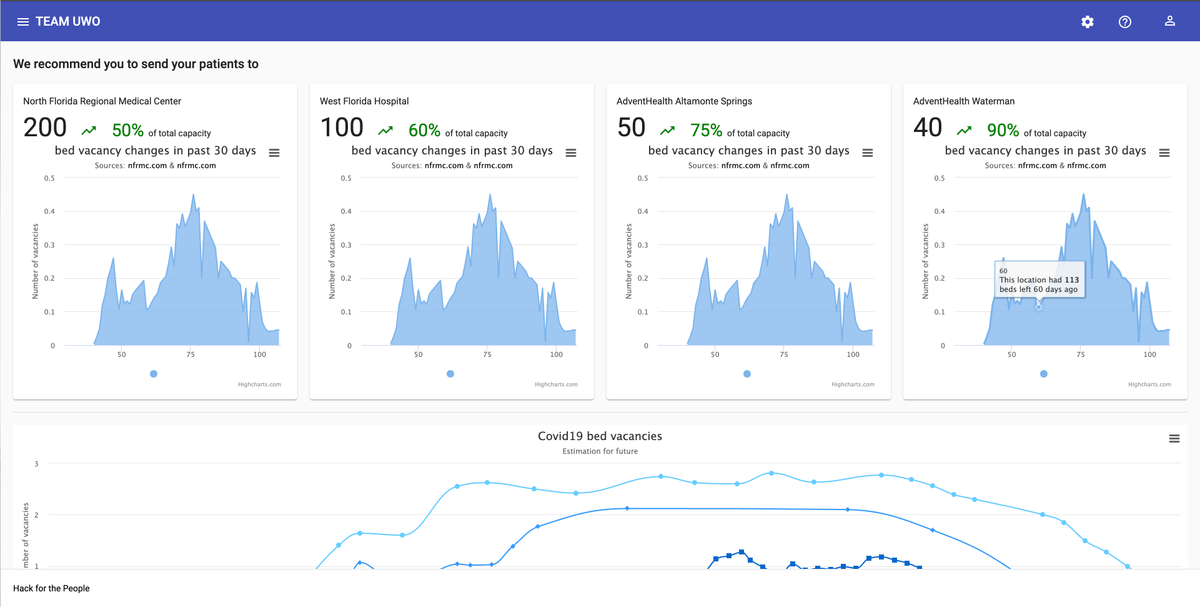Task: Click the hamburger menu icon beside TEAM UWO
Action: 23,22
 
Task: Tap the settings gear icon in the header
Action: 1088,22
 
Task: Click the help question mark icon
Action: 1125,22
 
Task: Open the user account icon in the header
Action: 1170,21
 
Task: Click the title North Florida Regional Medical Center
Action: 102,101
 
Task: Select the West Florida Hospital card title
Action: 364,101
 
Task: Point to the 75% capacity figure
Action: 706,130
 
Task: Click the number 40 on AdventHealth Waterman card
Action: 928,128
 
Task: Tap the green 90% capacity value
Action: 1003,130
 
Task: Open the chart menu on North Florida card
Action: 274,153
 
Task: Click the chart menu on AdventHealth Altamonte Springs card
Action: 868,153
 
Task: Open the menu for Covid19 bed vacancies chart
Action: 1174,439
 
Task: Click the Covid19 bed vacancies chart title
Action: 600,436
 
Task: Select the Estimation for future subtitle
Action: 600,451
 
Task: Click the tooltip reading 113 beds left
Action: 1039,280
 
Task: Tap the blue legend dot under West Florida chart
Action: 450,374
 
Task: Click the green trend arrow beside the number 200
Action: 89,131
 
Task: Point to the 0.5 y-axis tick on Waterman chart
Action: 940,178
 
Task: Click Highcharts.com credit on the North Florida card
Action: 259,384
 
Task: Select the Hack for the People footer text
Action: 51,588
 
